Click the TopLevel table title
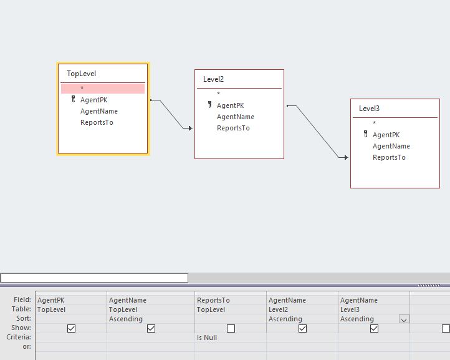(x=82, y=74)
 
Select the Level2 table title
(x=213, y=79)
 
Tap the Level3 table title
(x=369, y=109)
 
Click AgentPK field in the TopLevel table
(x=93, y=100)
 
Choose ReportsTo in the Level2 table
(x=233, y=128)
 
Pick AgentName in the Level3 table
(x=391, y=146)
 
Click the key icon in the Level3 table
(x=365, y=134)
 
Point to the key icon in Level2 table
(x=209, y=105)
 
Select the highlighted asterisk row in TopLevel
(x=103, y=89)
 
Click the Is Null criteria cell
(x=206, y=338)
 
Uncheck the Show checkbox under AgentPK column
(x=71, y=328)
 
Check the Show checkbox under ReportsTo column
(x=231, y=328)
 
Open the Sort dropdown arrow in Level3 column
(x=404, y=319)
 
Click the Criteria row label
(x=22, y=337)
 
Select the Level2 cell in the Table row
(x=278, y=309)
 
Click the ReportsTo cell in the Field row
(x=213, y=300)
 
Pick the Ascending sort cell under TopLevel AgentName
(x=126, y=319)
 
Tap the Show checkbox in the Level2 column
(x=302, y=328)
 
